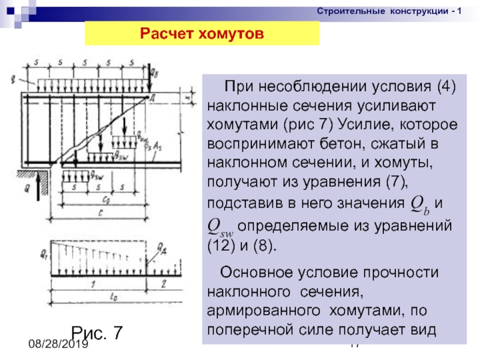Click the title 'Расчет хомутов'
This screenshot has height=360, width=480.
tap(202, 34)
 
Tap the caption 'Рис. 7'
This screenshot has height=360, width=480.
tap(97, 331)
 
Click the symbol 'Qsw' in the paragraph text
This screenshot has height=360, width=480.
tap(220, 226)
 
